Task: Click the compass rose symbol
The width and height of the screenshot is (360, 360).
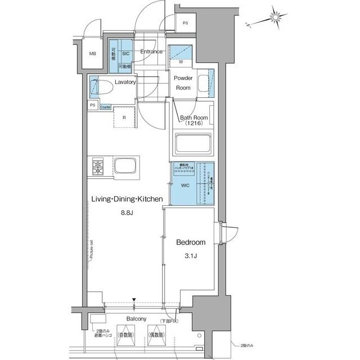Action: pos(276,17)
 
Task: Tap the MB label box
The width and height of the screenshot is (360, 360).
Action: pos(93,53)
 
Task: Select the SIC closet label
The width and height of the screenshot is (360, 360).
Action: pos(126,53)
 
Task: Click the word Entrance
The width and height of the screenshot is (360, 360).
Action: pos(151,52)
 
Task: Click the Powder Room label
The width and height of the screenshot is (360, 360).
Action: pos(183,83)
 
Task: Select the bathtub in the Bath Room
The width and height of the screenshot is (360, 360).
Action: pos(193,143)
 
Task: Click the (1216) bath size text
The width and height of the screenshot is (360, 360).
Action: pos(193,123)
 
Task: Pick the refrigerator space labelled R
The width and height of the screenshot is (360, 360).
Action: pos(124,118)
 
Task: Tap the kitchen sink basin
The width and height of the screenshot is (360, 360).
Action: pos(125,168)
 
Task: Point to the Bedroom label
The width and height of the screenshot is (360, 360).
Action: pos(191,242)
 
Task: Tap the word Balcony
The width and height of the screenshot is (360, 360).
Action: pos(137,318)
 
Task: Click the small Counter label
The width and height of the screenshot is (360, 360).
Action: pos(105,107)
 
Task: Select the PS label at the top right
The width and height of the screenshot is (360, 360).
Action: pos(186,23)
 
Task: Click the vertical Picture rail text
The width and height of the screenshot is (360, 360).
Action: pos(91,250)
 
